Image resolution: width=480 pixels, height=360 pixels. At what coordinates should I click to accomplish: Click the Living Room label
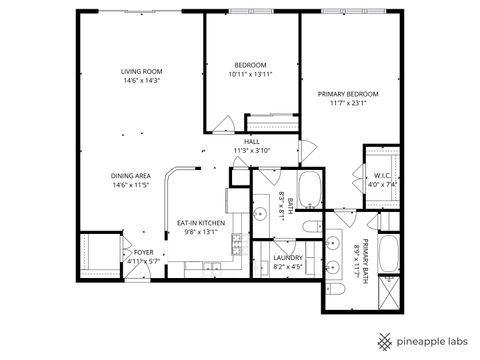(141, 72)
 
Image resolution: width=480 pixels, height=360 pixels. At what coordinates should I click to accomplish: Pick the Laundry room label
(287, 258)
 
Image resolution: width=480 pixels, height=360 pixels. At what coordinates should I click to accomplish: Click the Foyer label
(144, 252)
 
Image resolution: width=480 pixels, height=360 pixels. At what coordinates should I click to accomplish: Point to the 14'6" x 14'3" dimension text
(141, 81)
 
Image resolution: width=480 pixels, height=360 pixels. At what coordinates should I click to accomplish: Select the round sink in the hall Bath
(265, 184)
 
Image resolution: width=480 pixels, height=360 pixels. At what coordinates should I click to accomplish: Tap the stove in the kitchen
(236, 241)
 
